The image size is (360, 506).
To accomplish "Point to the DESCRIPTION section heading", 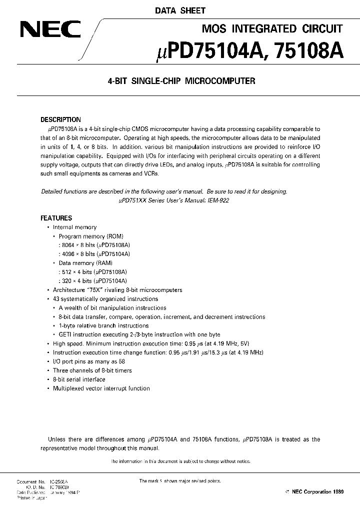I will click(60, 119).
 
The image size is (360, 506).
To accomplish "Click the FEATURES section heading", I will click(56, 218).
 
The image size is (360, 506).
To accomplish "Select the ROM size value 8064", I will click(66, 245).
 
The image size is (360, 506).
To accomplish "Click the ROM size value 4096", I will click(66, 254).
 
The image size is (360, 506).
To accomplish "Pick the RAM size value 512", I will click(64, 272).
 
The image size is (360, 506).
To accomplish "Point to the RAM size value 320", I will click(64, 281).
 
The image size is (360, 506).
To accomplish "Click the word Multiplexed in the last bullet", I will click(69, 388).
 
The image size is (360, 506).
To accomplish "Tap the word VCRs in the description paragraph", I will click(162, 173).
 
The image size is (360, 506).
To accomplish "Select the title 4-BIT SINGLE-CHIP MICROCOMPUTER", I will click(182, 81).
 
